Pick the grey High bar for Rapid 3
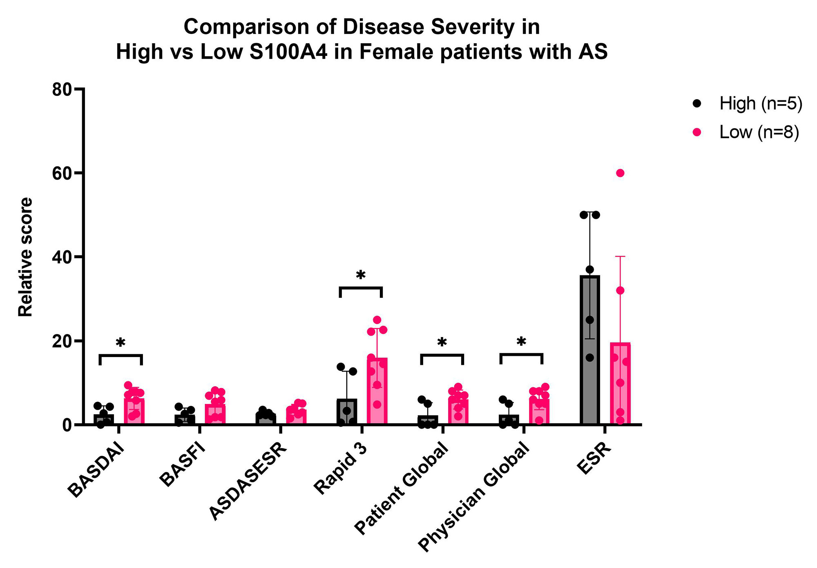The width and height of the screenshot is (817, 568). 347,412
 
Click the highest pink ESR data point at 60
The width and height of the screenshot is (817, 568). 620,173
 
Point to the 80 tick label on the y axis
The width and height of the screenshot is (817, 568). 62,89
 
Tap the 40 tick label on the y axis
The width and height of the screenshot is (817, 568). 62,257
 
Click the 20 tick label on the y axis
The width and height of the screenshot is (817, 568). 62,341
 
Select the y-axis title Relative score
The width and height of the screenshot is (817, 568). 25,257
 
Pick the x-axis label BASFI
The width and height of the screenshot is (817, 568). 182,465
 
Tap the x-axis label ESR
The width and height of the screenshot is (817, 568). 594,459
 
